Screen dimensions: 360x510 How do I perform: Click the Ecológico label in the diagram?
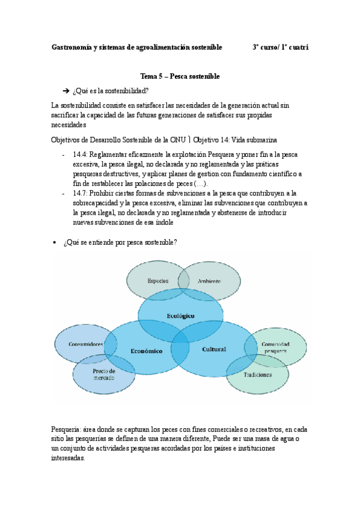coord(181,315)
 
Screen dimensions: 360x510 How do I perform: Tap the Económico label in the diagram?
coord(147,351)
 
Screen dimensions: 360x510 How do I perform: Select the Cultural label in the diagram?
coord(213,349)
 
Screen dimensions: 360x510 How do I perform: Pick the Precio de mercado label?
coord(104,374)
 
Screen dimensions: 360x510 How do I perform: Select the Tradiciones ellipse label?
coord(258,375)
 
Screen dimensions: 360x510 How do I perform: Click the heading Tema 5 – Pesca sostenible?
coord(180,76)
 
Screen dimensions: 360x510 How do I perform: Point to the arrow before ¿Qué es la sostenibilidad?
coord(66,91)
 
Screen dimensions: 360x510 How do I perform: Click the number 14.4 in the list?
coord(80,155)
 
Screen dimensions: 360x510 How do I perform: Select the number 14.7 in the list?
coord(80,193)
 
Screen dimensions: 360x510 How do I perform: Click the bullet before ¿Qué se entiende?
coord(55,242)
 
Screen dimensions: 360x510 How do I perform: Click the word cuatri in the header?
coord(299,46)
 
